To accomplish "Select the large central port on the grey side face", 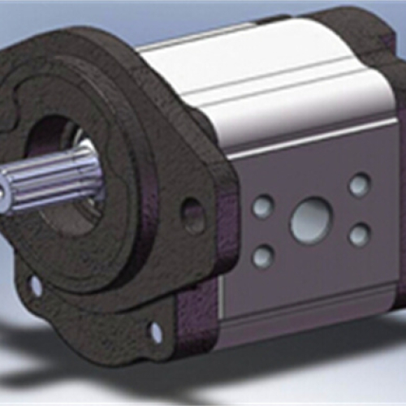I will click(311, 220).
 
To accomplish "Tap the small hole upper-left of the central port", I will click(262, 207).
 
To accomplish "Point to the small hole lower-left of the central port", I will click(262, 257).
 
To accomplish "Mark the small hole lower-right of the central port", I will click(359, 235).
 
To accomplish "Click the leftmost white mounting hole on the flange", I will click(36, 286).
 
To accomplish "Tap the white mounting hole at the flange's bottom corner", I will click(155, 332).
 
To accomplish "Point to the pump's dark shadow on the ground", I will click(65, 357).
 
